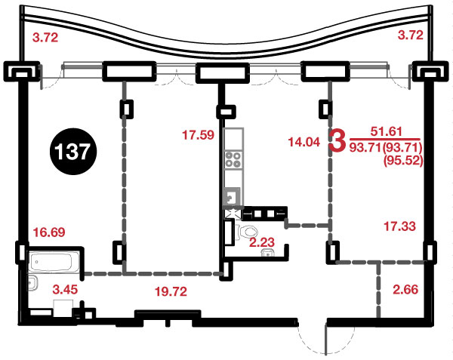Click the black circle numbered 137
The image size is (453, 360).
coord(72,151)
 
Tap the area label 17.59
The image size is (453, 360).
coord(198,135)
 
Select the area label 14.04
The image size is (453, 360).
coord(304,142)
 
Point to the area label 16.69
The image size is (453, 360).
coord(49,232)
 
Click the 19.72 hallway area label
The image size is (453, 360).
coord(171,291)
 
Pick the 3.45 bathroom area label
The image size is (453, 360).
coord(65,289)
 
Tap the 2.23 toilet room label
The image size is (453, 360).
coord(262,242)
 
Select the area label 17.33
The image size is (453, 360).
coord(399,226)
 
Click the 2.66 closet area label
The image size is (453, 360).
coord(405,289)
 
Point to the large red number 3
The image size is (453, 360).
coord(337,141)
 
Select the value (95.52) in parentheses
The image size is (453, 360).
coord(403,160)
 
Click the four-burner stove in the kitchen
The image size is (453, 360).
coord(233,160)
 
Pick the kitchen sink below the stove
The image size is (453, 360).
coord(232,196)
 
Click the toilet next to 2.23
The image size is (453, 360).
coord(248,232)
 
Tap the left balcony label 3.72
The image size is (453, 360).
coord(45,38)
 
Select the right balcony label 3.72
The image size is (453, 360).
coord(411,35)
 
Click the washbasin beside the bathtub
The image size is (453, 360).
coord(32,283)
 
